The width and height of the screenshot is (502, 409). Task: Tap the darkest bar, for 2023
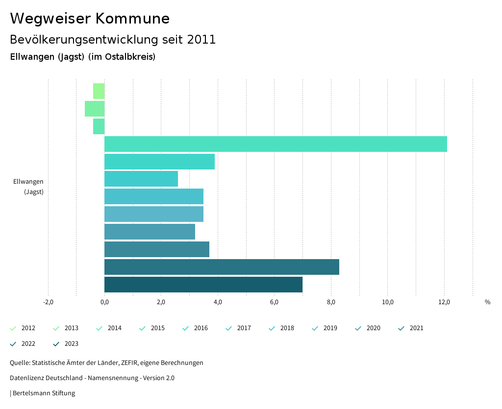tap(203, 285)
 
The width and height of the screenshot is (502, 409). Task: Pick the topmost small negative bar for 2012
tap(99, 91)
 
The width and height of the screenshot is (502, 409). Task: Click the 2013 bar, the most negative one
tap(95, 109)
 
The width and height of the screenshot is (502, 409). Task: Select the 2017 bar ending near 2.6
tap(141, 179)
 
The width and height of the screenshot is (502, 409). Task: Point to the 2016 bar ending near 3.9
tap(159, 162)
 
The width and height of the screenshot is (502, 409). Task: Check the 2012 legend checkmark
tap(13, 328)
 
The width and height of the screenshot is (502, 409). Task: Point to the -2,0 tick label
tap(48, 302)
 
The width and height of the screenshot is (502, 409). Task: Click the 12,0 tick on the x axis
tap(444, 302)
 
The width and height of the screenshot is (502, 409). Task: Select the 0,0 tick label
tap(104, 302)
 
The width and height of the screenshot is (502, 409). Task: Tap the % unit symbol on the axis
tap(487, 302)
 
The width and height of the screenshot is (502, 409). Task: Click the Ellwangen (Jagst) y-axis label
tap(28, 187)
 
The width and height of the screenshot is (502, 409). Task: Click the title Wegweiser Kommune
tap(90, 19)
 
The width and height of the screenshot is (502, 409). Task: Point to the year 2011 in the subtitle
tap(201, 40)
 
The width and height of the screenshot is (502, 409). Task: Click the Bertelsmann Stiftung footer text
tap(44, 393)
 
